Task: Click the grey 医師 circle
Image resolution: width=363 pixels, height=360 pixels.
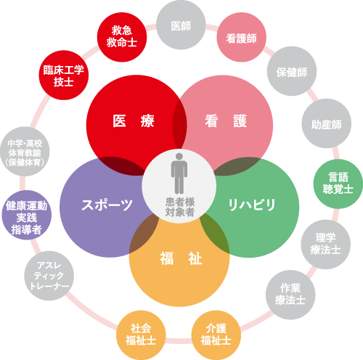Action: point(181,25)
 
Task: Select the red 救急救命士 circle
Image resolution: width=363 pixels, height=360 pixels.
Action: point(122,37)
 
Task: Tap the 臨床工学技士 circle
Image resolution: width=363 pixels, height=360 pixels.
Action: point(64,75)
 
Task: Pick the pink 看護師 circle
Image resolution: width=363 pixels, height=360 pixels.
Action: point(241,37)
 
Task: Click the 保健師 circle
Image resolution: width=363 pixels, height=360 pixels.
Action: point(292,71)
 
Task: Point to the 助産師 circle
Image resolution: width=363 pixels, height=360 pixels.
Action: point(326,123)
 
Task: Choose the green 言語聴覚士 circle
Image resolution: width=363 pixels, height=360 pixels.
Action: point(338,184)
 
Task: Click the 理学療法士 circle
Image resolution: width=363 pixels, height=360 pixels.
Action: point(326,245)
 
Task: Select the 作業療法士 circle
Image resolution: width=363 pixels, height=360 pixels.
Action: point(290,295)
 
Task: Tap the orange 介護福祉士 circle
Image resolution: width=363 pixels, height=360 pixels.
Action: point(216,335)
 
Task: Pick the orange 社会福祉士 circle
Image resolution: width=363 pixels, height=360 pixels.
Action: point(141,335)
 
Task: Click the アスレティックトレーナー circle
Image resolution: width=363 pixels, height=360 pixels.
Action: point(49,276)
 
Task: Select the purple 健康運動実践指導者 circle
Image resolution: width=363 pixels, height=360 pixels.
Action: point(27,215)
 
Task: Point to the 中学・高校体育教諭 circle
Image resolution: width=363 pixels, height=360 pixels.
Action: point(25,152)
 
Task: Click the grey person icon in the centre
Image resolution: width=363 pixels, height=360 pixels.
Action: point(179,173)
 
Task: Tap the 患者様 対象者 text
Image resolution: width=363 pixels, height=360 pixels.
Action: point(180,207)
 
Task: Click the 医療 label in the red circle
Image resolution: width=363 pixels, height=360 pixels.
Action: point(134,120)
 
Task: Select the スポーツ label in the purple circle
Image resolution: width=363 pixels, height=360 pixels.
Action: point(107,205)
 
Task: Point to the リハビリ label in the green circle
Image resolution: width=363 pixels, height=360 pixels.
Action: point(252,205)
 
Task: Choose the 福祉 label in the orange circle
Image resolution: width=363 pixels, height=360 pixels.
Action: point(181,258)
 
